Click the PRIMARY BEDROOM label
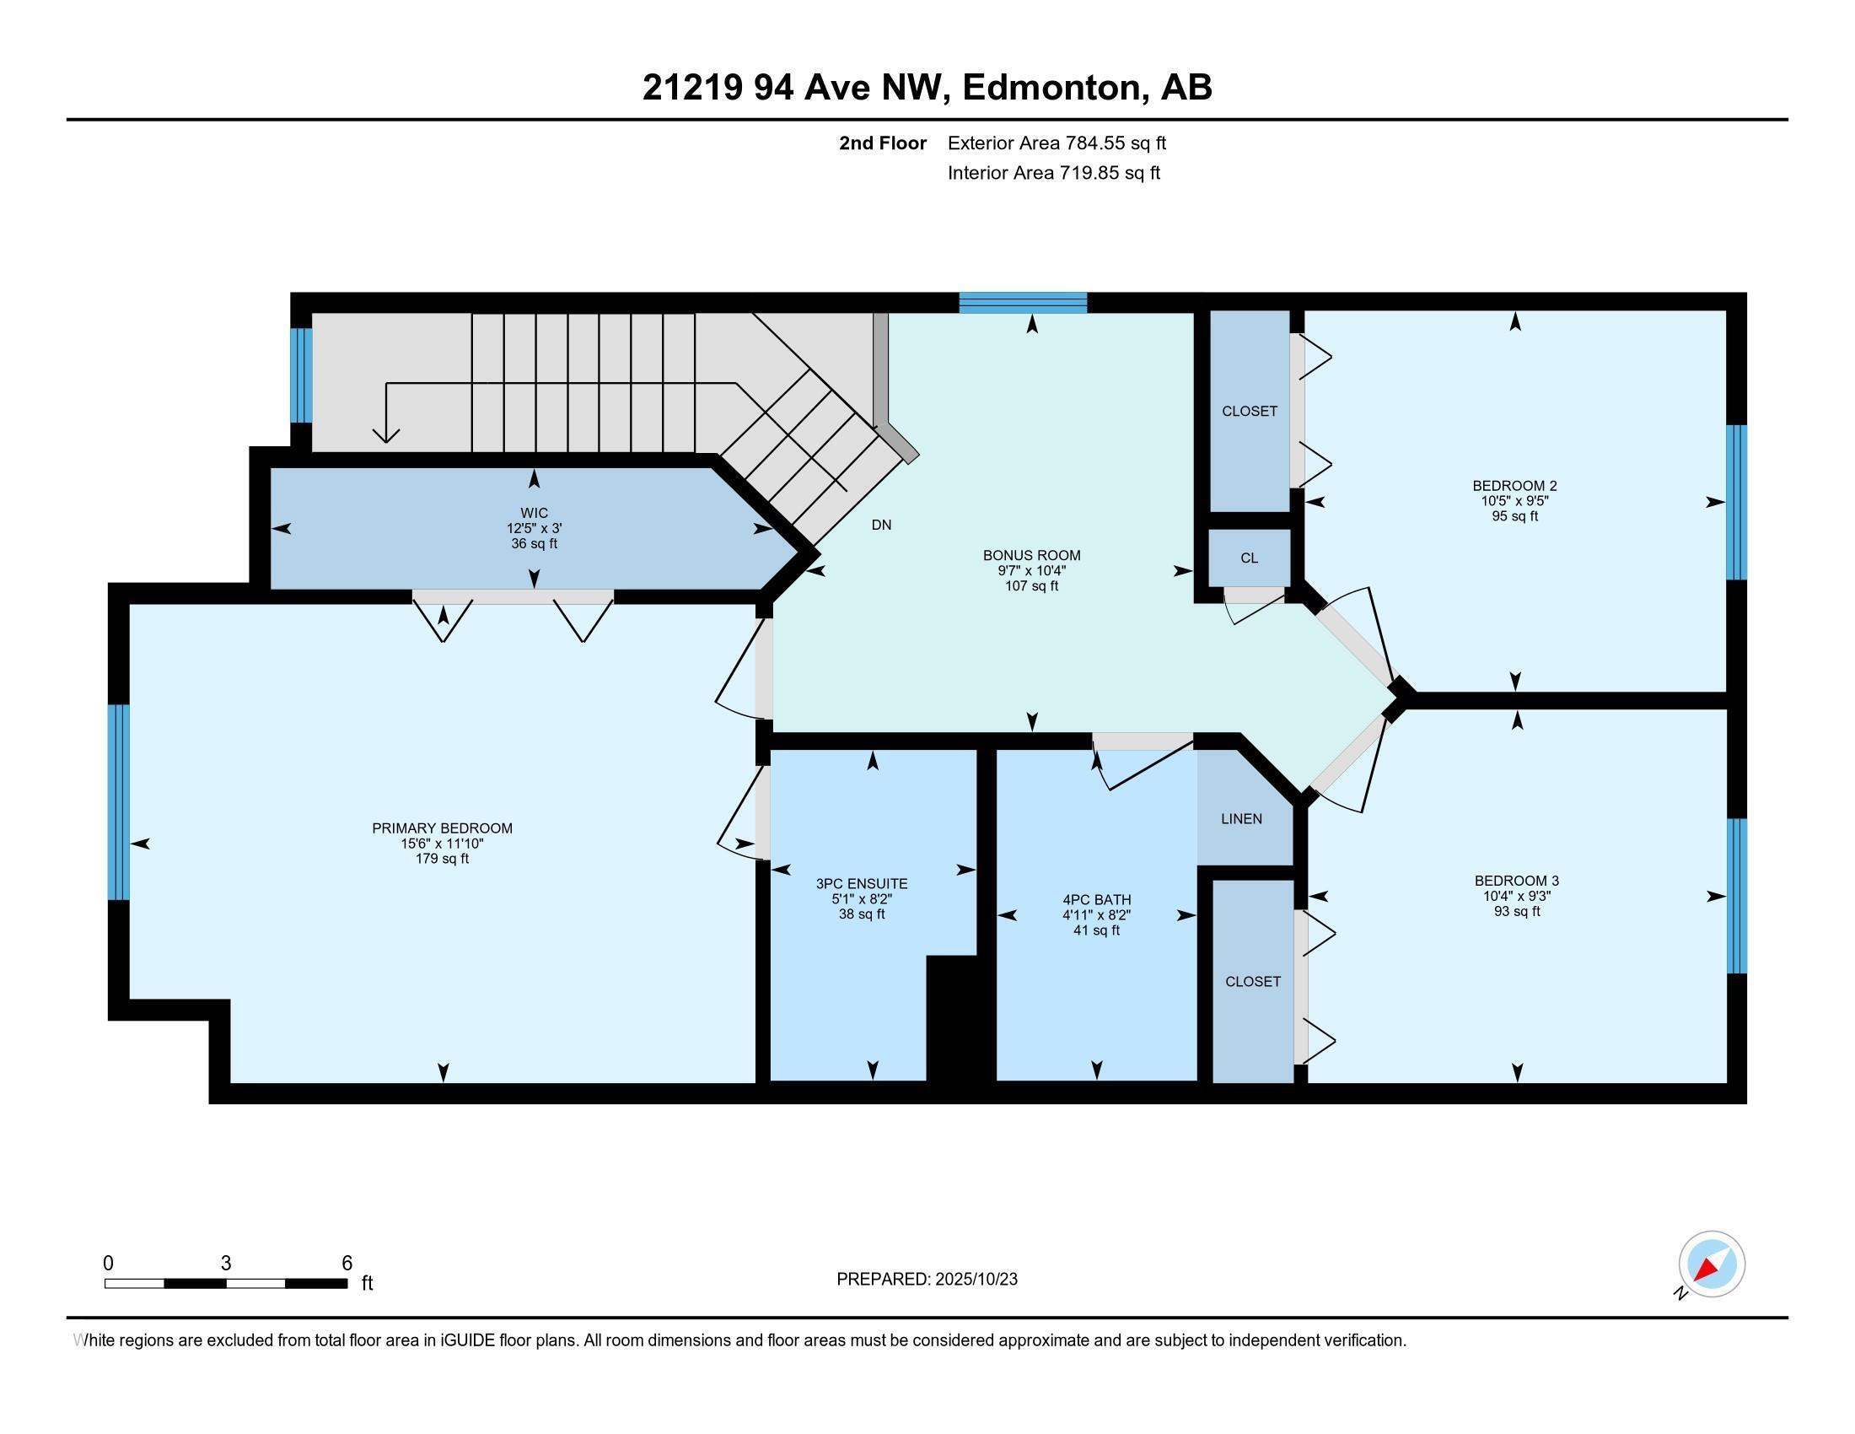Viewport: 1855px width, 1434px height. (x=442, y=828)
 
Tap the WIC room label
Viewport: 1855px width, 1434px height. (x=534, y=513)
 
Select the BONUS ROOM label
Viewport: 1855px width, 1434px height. (x=1031, y=556)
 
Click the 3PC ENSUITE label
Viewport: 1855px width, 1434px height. (x=861, y=883)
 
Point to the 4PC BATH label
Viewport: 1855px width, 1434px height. (x=1095, y=900)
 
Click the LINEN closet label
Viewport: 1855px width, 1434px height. (x=1241, y=819)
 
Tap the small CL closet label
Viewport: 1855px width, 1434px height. (x=1249, y=558)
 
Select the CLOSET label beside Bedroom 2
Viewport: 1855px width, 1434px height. (x=1249, y=411)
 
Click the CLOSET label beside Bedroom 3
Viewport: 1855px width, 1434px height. (x=1252, y=981)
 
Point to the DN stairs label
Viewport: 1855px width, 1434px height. (x=881, y=525)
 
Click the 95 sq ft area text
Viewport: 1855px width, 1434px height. (x=1514, y=516)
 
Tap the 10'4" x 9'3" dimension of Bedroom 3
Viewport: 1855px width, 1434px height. (x=1516, y=895)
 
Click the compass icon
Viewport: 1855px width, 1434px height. (x=1711, y=1264)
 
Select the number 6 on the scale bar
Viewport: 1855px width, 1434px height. (x=347, y=1264)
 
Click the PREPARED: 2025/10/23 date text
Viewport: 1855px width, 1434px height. (x=927, y=1280)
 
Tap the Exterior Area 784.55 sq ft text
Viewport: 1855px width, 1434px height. (x=1057, y=143)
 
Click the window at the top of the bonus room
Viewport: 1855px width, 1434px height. (x=1023, y=303)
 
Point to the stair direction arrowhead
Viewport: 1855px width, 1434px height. (x=386, y=435)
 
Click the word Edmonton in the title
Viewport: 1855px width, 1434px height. (x=1051, y=88)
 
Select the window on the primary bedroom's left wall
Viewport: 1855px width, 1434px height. (x=119, y=802)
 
